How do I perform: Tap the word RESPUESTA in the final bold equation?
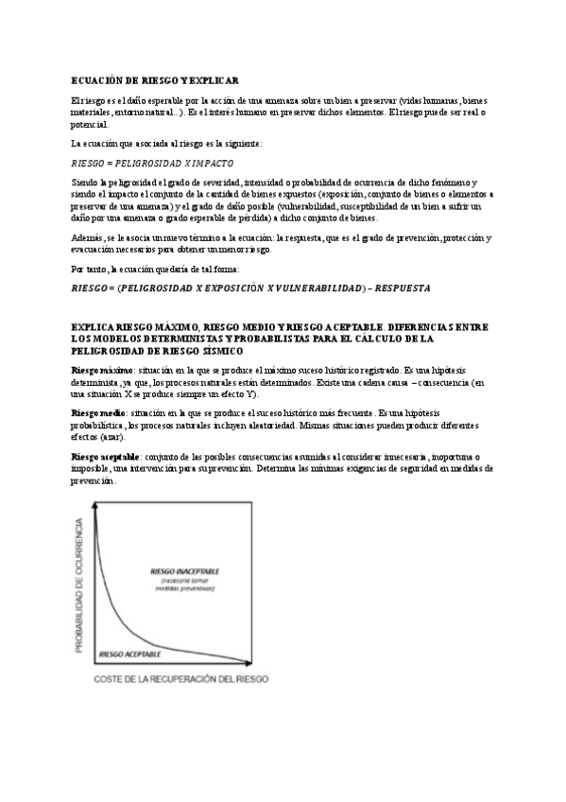coord(400,286)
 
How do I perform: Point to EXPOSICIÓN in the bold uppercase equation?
coord(224,286)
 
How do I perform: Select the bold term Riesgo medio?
coord(99,414)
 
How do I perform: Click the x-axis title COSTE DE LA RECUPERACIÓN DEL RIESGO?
coord(180,679)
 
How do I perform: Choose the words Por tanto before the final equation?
coord(91,269)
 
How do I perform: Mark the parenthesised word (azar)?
coord(109,438)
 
